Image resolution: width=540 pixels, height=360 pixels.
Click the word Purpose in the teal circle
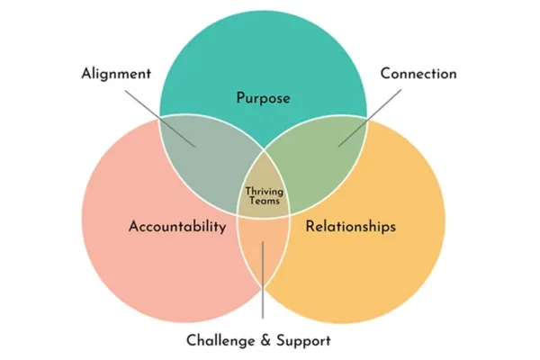coord(263,97)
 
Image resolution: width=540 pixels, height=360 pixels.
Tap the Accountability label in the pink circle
coord(177,226)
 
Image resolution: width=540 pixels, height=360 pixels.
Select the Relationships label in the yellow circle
coord(350,226)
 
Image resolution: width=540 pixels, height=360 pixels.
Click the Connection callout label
coord(418,73)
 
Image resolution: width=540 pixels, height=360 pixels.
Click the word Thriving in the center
coord(264,191)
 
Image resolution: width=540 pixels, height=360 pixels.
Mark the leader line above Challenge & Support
coord(263,288)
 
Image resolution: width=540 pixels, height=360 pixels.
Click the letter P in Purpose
coord(241,97)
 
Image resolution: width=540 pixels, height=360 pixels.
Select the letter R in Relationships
coord(310,226)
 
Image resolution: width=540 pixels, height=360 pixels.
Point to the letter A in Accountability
coord(133,226)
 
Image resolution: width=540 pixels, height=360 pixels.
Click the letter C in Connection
coord(384,73)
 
